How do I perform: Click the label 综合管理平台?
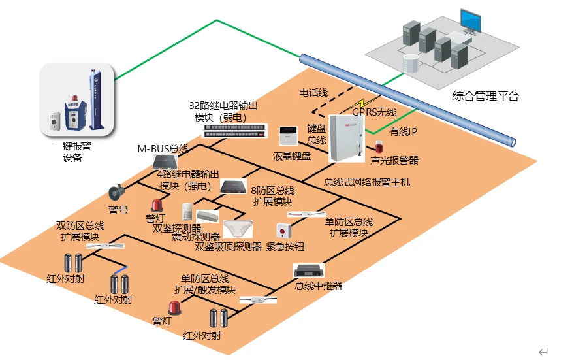pyautogui.click(x=485, y=97)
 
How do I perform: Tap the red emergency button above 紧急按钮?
pyautogui.click(x=282, y=231)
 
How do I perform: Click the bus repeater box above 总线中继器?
pyautogui.click(x=309, y=270)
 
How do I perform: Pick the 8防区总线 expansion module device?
pyautogui.click(x=232, y=187)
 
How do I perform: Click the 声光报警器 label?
pyautogui.click(x=394, y=160)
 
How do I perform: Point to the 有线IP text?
pyautogui.click(x=403, y=132)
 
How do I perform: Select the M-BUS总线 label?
pyautogui.click(x=162, y=148)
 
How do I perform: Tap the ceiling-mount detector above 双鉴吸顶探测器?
pyautogui.click(x=238, y=229)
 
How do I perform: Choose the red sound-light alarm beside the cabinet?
pyautogui.click(x=378, y=148)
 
